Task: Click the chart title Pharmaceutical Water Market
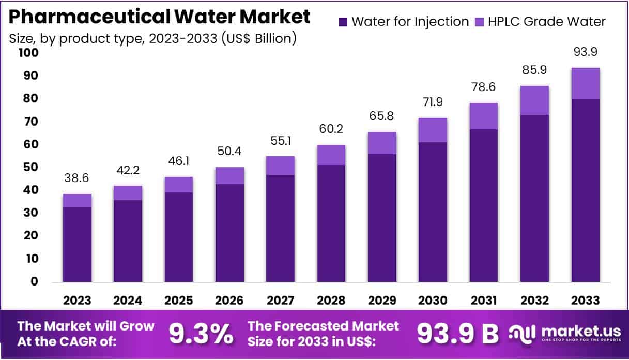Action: [x=160, y=17]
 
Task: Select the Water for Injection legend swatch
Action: [x=343, y=22]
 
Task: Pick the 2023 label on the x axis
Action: [x=78, y=301]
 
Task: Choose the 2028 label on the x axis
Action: [x=332, y=301]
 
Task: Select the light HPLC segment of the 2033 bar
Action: [x=586, y=83]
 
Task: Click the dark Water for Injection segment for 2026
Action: [x=230, y=233]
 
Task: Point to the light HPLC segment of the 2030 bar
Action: [x=433, y=130]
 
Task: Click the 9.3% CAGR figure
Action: [x=201, y=335]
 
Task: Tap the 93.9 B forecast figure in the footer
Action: [x=457, y=335]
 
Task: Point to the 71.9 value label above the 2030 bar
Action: [x=433, y=102]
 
